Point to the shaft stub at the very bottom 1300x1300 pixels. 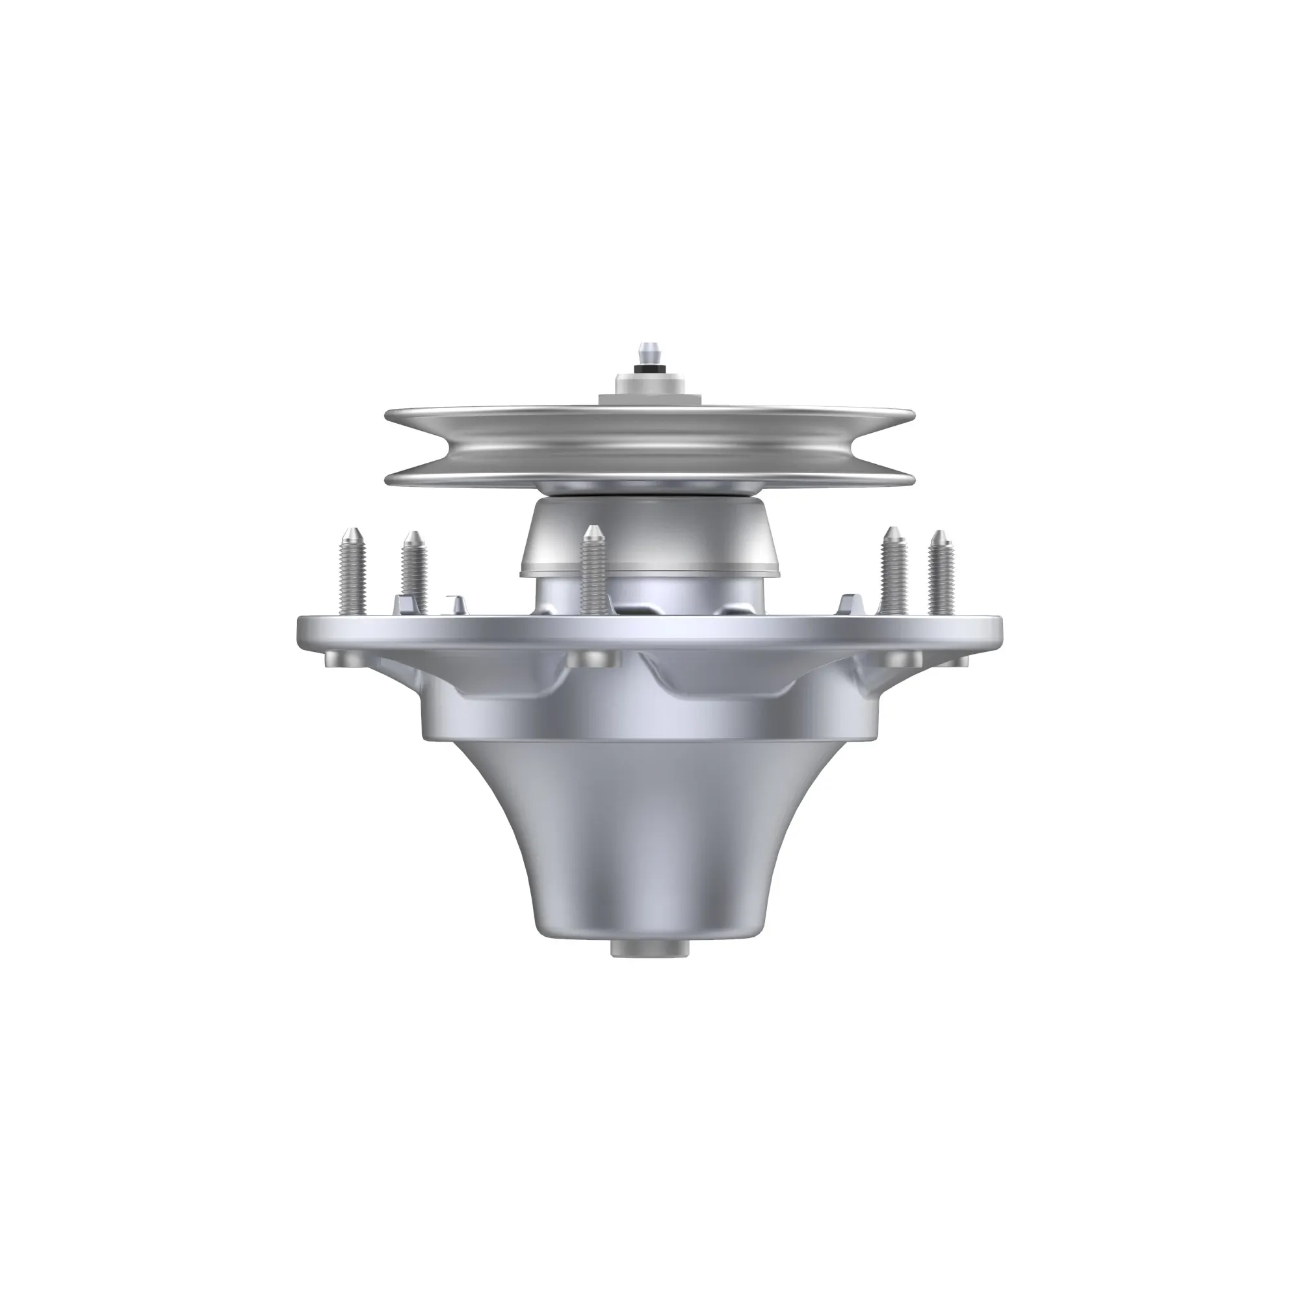coord(651,949)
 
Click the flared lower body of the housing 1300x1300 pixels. coord(649,841)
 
